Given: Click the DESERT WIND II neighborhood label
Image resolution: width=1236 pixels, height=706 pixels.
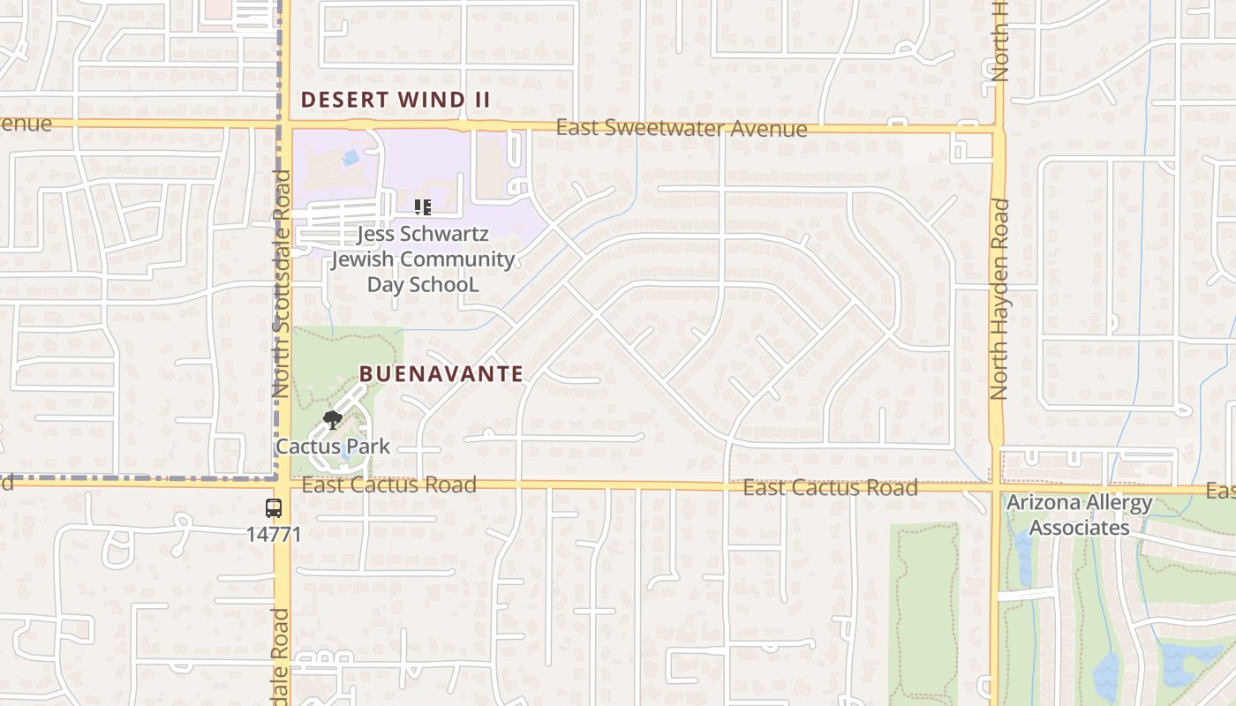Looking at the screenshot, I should pos(395,100).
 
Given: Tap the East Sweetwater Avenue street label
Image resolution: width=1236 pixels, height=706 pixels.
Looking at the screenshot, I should pos(681,129).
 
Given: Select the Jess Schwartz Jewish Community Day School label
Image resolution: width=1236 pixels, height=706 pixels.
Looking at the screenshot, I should pos(423,259).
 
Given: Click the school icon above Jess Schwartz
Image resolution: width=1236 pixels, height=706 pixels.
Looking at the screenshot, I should pos(422,207).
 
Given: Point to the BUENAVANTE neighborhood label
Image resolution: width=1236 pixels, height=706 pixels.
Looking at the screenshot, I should pos(441,373).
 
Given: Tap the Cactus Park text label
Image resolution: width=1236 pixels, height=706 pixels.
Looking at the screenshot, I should pos(333,447).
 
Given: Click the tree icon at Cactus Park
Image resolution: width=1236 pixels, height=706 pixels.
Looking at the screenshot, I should pos(333,420).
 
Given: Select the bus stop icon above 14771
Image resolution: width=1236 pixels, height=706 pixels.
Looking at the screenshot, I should pos(274,508).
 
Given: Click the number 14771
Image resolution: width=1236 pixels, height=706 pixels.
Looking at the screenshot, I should pos(274,534).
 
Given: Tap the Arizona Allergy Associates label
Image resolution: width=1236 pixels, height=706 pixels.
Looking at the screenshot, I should pos(1080,515).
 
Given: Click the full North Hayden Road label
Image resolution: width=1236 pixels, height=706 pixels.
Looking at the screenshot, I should pos(999,298).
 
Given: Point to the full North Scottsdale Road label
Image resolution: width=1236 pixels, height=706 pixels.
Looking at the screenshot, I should pos(282,282).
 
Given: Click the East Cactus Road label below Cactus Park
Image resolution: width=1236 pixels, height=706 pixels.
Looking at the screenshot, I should pos(388,484).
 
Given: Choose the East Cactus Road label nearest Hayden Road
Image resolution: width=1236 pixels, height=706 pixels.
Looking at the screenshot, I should pos(830,487).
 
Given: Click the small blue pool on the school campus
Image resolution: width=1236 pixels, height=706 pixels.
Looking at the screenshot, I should pos(350,158).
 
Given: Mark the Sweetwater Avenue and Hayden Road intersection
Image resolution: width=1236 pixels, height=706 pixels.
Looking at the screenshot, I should pos(998,130).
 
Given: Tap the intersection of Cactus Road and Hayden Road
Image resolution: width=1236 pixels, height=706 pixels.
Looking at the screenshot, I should pos(998,486).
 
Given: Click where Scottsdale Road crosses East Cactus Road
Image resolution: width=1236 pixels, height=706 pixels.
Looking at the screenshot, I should pos(283,482).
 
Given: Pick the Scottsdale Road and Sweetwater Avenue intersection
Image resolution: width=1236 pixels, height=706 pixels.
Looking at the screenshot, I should pos(283,124).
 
